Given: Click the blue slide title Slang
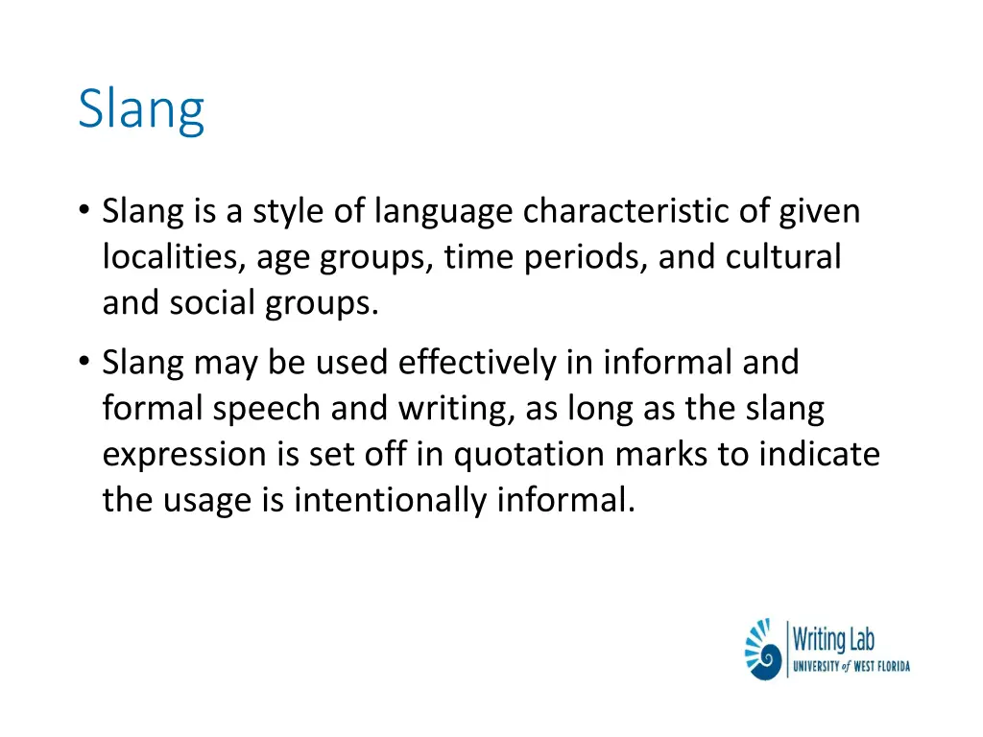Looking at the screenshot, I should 141,110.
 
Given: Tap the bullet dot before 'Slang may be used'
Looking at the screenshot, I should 85,363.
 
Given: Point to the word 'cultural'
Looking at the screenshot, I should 783,257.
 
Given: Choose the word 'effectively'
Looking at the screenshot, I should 476,363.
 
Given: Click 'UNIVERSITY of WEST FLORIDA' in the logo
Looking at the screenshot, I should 851,666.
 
